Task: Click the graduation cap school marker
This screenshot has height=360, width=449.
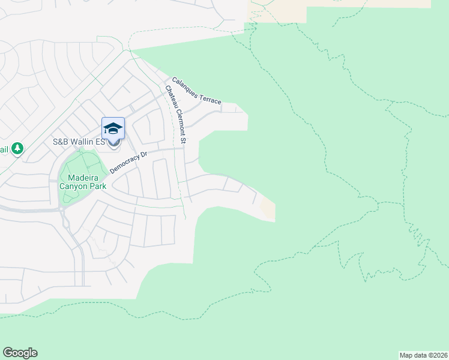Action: coord(113,128)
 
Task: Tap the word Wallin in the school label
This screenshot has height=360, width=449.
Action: coord(83,142)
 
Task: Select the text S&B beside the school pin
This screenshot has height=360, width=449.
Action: coord(61,142)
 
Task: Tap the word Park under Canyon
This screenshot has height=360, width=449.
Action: coord(97,186)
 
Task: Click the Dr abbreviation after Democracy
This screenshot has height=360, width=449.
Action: coord(143,156)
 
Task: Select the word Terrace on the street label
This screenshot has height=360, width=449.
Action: coord(209,99)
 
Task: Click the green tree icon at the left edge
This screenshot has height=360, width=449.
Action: coord(17,148)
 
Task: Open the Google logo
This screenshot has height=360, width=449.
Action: coord(20,353)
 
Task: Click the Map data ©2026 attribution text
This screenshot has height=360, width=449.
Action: coord(424,355)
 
